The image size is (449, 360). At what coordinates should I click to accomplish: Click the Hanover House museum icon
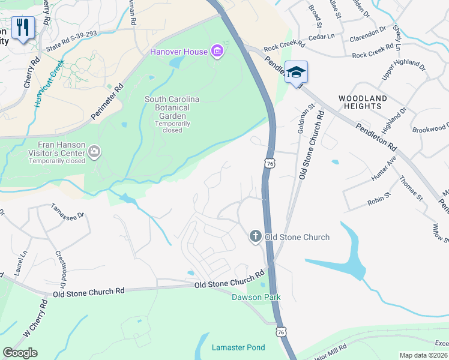(x=217, y=52)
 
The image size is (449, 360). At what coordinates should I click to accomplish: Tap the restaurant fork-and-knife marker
(x=23, y=28)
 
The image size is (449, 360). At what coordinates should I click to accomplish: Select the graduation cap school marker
(x=295, y=73)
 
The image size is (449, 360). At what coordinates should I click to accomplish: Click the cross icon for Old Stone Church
(x=255, y=237)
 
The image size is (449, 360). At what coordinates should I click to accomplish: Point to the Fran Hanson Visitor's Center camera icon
(x=94, y=152)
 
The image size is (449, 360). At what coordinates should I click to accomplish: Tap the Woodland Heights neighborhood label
(x=362, y=102)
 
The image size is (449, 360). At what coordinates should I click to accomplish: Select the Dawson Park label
(x=252, y=296)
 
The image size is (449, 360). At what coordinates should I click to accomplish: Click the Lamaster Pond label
(x=238, y=347)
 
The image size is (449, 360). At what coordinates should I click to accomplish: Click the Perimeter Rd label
(x=109, y=99)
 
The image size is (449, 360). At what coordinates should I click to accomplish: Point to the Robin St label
(x=379, y=199)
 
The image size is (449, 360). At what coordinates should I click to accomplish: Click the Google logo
(x=20, y=353)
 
